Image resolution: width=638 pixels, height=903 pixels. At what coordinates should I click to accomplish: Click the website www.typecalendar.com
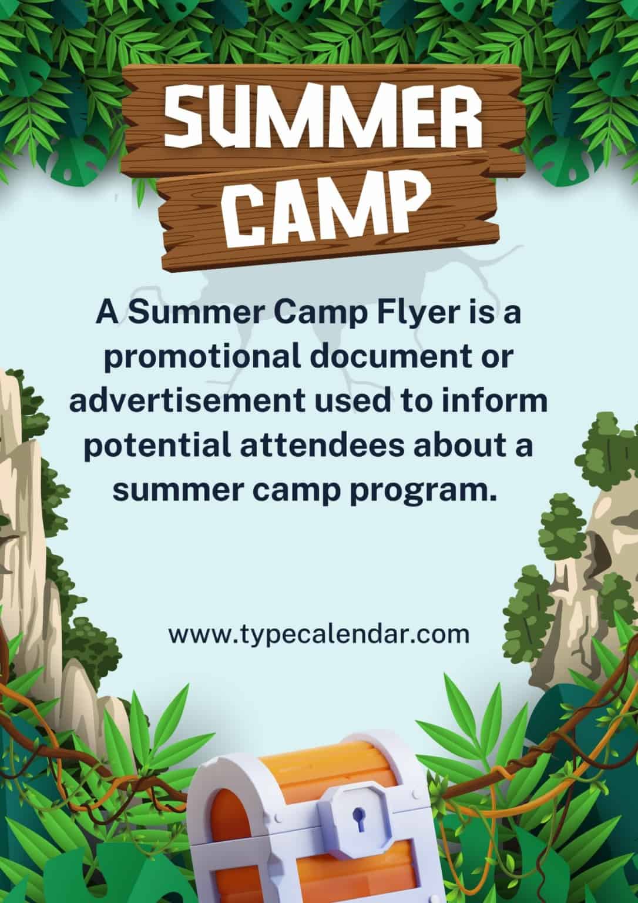coord(319,634)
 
